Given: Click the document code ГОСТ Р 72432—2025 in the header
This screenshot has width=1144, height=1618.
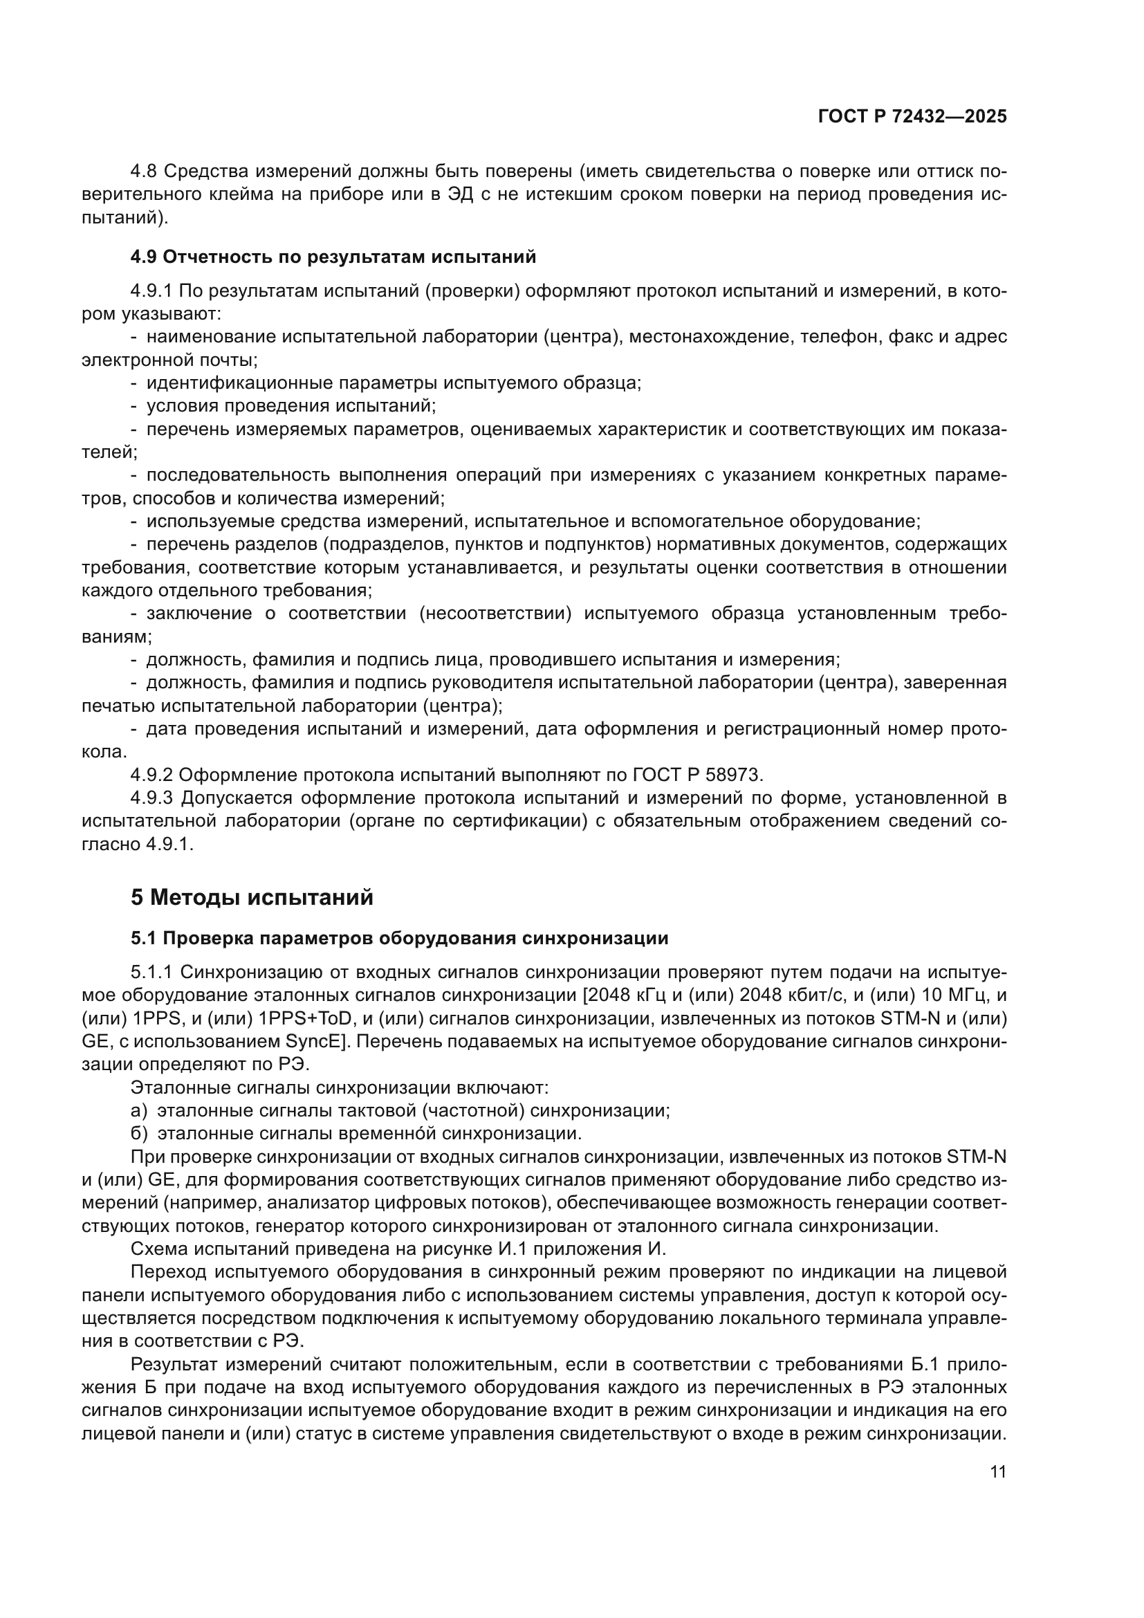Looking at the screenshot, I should [x=912, y=117].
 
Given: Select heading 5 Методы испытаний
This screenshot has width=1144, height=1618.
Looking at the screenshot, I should [x=252, y=898].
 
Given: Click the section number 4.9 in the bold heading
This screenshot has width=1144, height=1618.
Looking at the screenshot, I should [x=143, y=257].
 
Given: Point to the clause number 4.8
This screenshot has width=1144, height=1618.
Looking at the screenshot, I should [x=145, y=172].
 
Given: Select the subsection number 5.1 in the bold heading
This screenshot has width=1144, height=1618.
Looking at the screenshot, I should [x=143, y=939].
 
